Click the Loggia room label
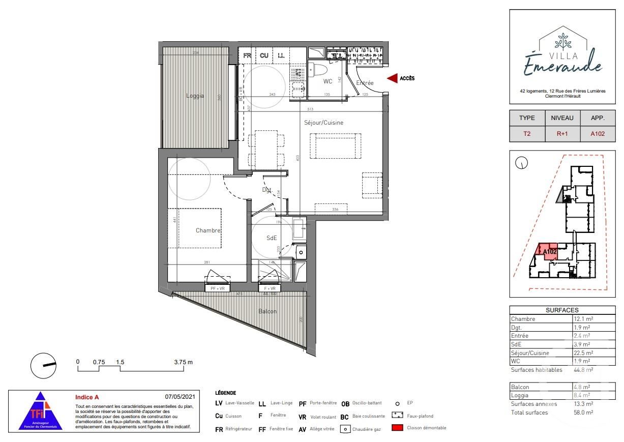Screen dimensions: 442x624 [x=195, y=96]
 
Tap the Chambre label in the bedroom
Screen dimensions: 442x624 [x=208, y=230]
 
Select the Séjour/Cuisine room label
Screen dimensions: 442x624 [x=323, y=123]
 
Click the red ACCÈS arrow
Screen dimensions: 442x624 [x=392, y=78]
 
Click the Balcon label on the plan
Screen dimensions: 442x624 [x=267, y=311]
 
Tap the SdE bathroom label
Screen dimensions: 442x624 [x=272, y=238]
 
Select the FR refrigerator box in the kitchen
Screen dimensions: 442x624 [x=247, y=55]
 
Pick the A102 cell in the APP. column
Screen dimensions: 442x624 [x=597, y=134]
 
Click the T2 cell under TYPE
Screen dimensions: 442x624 [x=527, y=134]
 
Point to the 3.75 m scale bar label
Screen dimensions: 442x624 [x=183, y=362]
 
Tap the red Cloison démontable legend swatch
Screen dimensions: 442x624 [x=397, y=428]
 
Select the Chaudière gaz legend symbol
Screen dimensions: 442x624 [x=345, y=429]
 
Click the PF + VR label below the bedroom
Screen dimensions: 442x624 [x=218, y=288]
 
